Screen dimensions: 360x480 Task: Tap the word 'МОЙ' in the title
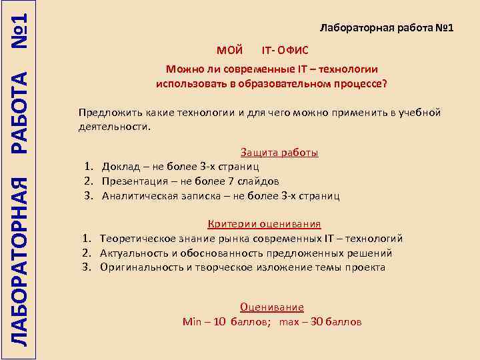pyautogui.click(x=230, y=50)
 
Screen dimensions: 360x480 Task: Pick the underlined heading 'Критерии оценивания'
pyautogui.click(x=265, y=224)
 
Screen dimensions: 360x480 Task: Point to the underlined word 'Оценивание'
pyautogui.click(x=271, y=307)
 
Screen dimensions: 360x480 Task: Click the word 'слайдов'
pyautogui.click(x=259, y=181)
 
